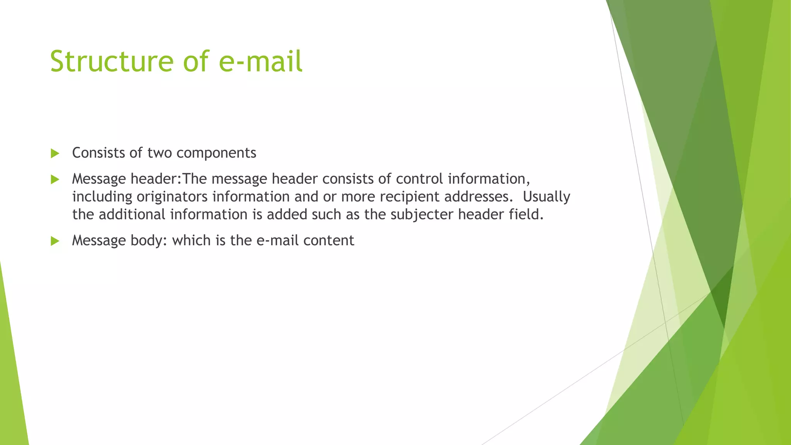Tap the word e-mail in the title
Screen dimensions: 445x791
pyautogui.click(x=260, y=61)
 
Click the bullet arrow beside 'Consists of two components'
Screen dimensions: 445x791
pyautogui.click(x=55, y=153)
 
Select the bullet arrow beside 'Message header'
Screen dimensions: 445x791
pyautogui.click(x=55, y=179)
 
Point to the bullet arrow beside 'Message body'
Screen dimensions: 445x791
pyautogui.click(x=55, y=241)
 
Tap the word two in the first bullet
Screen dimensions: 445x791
pyautogui.click(x=160, y=153)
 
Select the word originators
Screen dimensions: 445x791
pyautogui.click(x=172, y=197)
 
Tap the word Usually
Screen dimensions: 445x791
pyautogui.click(x=547, y=197)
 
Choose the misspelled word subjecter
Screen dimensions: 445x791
pyautogui.click(x=422, y=215)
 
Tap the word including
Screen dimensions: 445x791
pyautogui.click(x=102, y=197)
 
